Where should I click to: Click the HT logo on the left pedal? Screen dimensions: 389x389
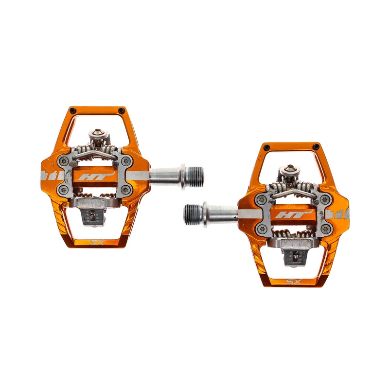96,176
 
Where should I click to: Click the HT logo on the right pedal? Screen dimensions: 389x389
293,214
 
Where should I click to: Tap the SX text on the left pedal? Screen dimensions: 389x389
96,242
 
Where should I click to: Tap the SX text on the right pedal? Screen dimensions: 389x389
294,282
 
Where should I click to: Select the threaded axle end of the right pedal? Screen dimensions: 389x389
193,215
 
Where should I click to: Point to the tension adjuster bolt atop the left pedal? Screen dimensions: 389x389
98,132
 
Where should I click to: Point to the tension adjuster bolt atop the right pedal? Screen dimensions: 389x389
290,168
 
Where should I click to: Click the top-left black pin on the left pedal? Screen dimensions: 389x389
72,110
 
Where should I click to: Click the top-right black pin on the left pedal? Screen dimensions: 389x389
121,110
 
